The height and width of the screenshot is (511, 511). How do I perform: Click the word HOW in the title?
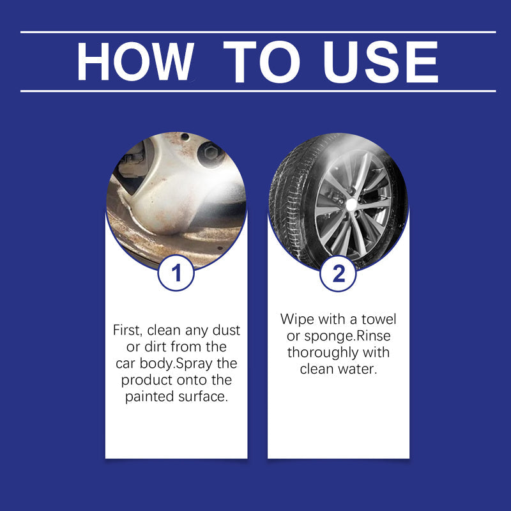pyautogui.click(x=133, y=62)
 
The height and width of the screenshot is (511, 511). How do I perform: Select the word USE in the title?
pyautogui.click(x=381, y=62)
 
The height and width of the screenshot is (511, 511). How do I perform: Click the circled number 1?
pyautogui.click(x=176, y=273)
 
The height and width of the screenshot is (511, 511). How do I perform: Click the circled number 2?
pyautogui.click(x=339, y=273)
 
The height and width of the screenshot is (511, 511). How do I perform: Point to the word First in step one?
pyautogui.click(x=130, y=331)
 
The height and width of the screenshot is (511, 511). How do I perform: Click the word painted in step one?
pyautogui.click(x=149, y=397)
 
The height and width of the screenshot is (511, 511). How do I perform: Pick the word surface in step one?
pyautogui.click(x=204, y=397)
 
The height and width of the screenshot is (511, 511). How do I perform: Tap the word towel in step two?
pyautogui.click(x=379, y=319)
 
